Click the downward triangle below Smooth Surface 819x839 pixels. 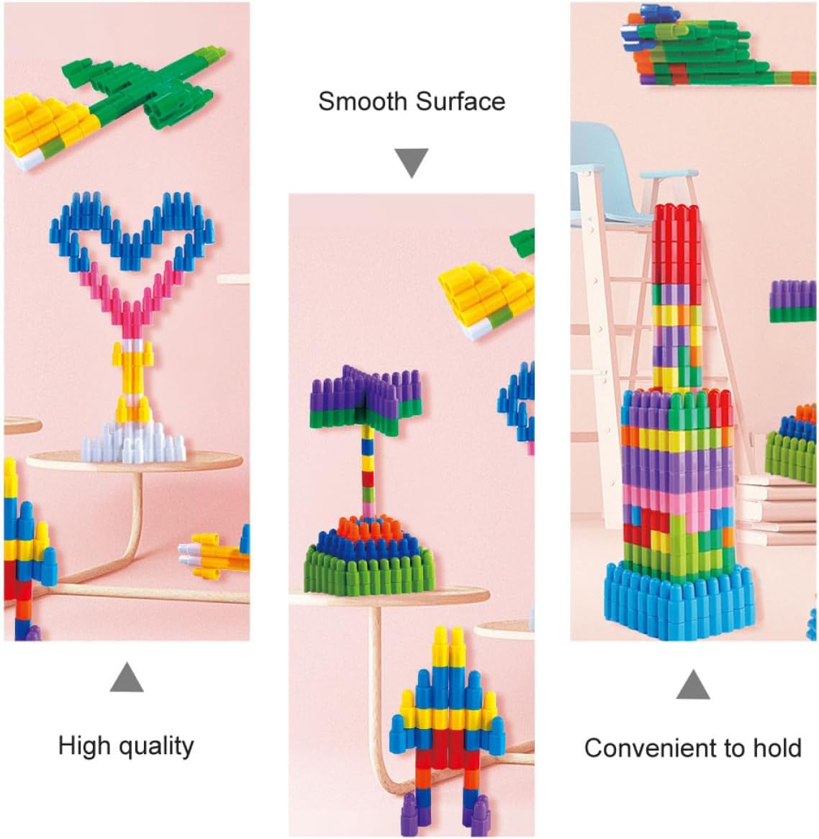tap(412, 162)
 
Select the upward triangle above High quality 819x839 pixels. tap(126, 678)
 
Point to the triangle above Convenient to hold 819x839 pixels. tap(693, 685)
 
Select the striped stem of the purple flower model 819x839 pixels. tap(368, 468)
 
